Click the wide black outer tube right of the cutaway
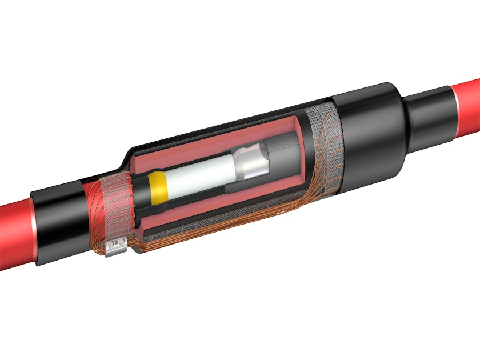[366, 131]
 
